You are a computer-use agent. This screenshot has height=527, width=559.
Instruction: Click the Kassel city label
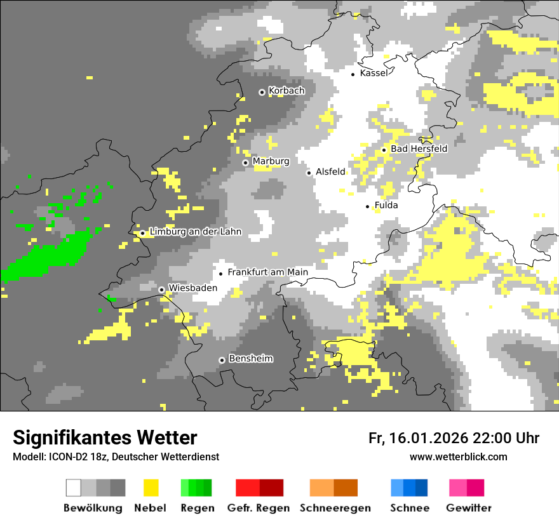pos(374,73)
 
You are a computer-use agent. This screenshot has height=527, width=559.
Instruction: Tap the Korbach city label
pos(286,91)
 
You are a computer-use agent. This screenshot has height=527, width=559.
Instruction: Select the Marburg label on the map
pos(271,161)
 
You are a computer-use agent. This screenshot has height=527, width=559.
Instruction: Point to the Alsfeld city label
pos(330,171)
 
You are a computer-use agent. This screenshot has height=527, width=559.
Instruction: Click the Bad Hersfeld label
pos(419,149)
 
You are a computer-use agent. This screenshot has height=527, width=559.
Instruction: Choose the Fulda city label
pos(386,205)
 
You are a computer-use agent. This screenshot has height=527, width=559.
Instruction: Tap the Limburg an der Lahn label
pos(195,232)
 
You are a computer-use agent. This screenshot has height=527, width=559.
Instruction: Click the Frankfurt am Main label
pos(267,272)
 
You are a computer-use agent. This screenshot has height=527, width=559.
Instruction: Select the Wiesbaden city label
pos(192,288)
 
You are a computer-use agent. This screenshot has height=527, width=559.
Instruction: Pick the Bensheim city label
pos(250,359)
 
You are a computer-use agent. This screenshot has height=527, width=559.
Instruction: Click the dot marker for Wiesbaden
pos(162,290)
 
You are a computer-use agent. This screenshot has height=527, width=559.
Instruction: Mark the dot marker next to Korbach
pos(262,92)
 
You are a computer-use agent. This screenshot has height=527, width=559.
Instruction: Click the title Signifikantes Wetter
pos(105,437)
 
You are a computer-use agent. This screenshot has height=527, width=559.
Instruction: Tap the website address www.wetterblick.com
pos(458,457)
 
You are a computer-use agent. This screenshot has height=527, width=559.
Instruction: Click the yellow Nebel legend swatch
pos(151,488)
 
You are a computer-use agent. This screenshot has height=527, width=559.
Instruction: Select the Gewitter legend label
pos(468,508)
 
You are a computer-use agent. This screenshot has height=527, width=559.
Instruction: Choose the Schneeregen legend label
pos(335,508)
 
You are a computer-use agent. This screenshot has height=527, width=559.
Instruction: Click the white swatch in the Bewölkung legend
pos(74,488)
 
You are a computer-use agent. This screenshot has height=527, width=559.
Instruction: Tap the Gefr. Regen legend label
pos(259,508)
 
